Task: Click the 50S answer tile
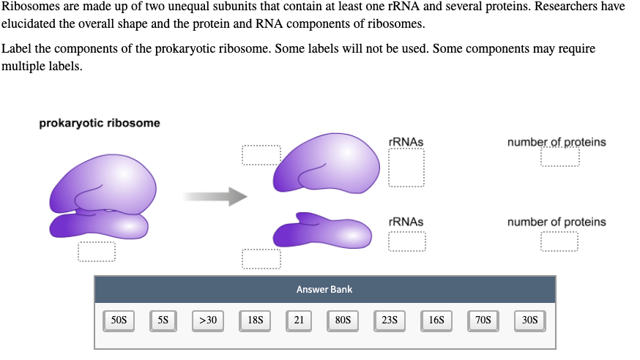(x=119, y=320)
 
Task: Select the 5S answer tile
(x=163, y=320)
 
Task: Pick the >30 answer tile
(x=208, y=320)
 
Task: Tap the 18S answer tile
(x=256, y=320)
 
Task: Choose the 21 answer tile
(x=299, y=320)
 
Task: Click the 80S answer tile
(x=342, y=320)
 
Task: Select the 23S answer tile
(x=390, y=320)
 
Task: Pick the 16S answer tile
(x=436, y=320)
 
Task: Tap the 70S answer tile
(x=483, y=320)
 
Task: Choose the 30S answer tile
(x=529, y=320)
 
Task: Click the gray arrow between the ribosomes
(x=215, y=195)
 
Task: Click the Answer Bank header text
(x=324, y=290)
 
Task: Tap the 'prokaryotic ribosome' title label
(x=99, y=123)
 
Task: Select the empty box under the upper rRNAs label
(x=406, y=169)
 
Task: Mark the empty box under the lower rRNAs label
(x=406, y=241)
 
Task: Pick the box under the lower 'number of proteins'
(x=559, y=241)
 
